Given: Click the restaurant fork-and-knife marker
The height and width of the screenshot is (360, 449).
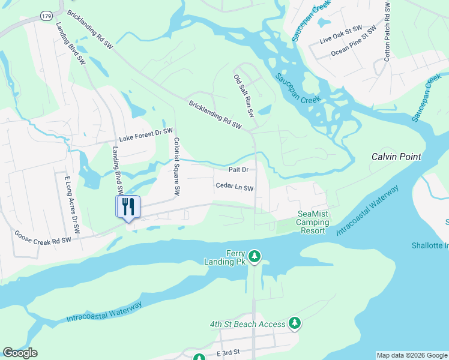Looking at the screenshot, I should (x=128, y=207).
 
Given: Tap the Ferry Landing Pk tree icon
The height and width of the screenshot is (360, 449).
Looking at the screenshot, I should (x=255, y=257).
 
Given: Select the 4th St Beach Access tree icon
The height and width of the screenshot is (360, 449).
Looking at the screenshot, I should (x=294, y=323).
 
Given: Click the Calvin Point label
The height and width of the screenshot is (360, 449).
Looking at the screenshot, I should (x=396, y=157).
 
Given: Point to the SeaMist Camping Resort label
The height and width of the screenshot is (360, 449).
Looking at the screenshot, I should (x=313, y=222).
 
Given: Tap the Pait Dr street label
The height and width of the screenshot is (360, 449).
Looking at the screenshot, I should (x=238, y=170).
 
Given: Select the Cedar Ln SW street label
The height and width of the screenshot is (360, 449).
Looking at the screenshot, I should (x=235, y=187).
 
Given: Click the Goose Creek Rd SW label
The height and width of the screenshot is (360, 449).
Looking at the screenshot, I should (x=43, y=239).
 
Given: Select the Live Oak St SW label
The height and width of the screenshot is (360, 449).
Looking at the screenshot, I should (x=341, y=36).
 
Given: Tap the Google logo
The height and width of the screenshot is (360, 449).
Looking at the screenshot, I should (x=20, y=353).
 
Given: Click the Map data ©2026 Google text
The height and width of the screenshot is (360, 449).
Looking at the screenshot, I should (x=411, y=355).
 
